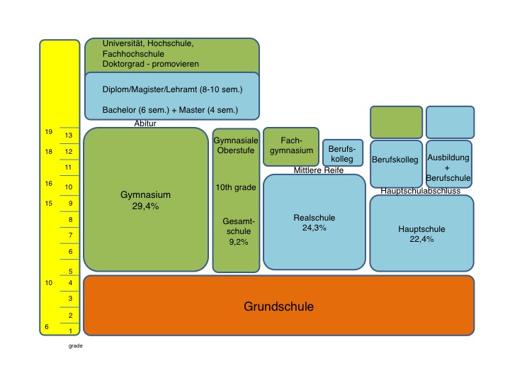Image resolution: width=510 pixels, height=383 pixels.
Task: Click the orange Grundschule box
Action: pos(278,306)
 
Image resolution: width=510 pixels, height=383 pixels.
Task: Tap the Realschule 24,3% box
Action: pos(314,223)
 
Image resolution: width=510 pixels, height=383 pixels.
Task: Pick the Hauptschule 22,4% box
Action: pos(421,233)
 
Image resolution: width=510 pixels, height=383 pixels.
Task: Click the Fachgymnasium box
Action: pos(291,145)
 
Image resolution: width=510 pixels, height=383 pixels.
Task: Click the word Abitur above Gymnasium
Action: pos(145,123)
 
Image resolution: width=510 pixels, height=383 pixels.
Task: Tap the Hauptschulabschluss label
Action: pos(421,191)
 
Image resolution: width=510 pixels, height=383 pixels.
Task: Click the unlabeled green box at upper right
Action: pos(396,122)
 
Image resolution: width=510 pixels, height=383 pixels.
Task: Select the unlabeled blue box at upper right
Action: pos(450,122)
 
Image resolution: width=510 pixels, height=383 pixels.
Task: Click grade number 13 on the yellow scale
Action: pos(69,135)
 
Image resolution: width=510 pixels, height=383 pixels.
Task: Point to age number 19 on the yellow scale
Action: pos(49,133)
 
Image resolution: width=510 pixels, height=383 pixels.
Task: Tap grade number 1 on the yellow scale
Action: pos(70,330)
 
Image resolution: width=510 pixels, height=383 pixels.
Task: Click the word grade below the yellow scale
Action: pos(76,347)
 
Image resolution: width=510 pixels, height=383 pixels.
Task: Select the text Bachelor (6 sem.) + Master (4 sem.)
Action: pos(170,111)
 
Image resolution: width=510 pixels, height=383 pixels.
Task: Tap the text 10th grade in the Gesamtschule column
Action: pos(236,187)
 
